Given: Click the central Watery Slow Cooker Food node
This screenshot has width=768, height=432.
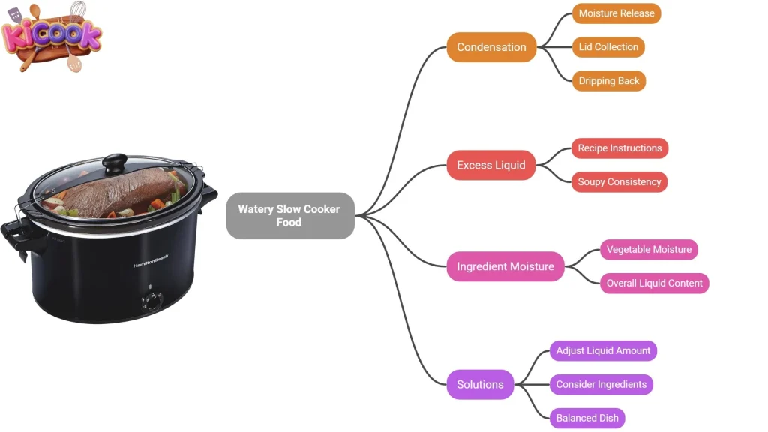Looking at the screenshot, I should click(289, 215).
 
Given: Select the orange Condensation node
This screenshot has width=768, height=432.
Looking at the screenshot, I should click(491, 47).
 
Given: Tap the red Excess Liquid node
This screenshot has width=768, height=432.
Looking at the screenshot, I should click(490, 165).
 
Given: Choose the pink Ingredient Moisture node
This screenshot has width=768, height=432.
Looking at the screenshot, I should click(505, 266).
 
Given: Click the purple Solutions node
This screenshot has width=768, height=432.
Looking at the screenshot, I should click(480, 385).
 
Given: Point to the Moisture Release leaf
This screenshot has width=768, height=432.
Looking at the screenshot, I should click(616, 13).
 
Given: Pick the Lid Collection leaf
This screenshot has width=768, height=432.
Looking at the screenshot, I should click(607, 47).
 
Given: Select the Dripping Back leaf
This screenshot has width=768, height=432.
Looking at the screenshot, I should click(608, 81).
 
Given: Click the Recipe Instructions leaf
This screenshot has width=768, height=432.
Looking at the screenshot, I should click(619, 148).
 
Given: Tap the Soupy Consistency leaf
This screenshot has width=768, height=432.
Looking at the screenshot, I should click(619, 182).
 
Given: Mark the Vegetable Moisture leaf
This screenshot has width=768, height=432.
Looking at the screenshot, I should click(649, 250).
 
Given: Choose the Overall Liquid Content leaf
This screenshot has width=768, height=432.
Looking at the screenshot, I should click(654, 283).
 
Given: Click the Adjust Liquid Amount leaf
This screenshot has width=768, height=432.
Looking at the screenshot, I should click(603, 351).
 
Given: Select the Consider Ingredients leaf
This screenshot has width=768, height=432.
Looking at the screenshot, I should click(601, 385).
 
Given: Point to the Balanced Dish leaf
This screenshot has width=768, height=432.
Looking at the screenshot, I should click(586, 418).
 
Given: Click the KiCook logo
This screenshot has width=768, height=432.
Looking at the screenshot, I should click(51, 36).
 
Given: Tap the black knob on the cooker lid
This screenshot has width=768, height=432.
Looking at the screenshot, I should click(115, 161).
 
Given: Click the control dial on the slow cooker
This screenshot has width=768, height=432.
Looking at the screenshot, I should click(151, 300).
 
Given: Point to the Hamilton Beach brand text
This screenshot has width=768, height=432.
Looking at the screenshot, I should click(151, 260).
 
